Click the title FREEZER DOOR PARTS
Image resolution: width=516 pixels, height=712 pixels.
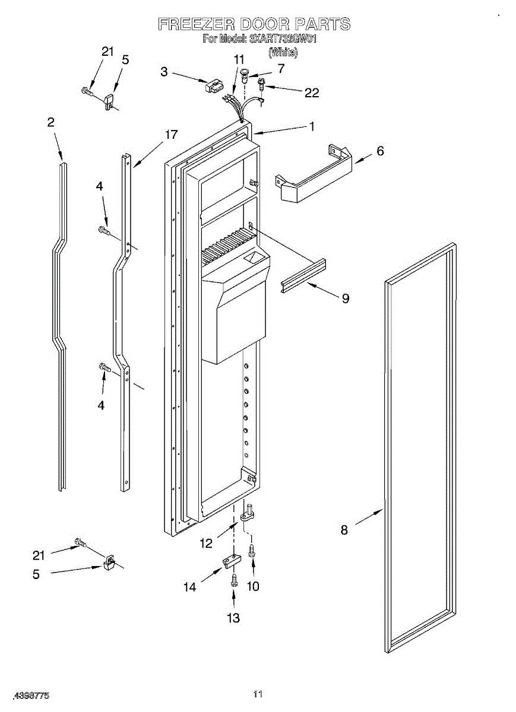254,24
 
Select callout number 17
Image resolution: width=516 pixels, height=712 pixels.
171,135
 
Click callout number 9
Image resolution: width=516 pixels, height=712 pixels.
345,298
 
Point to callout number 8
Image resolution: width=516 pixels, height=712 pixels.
344,530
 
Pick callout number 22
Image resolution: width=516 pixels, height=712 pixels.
312,93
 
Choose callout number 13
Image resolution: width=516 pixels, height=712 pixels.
233,618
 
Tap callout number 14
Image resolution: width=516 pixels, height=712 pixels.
189,587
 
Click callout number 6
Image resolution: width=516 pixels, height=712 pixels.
380,151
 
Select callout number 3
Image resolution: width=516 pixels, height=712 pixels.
164,72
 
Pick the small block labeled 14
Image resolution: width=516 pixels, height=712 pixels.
230,560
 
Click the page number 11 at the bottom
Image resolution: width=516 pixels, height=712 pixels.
258,694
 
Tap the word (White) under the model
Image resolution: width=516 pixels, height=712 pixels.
283,52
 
